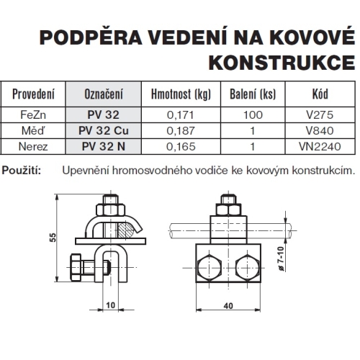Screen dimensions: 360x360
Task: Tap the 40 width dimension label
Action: click(x=228, y=305)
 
